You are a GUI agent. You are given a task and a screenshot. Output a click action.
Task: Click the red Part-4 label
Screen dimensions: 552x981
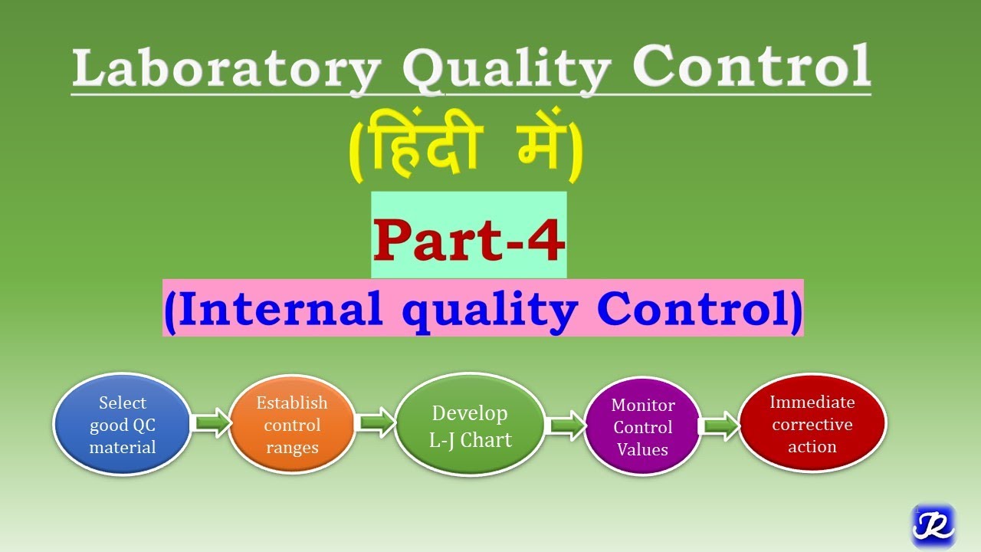[x=469, y=240]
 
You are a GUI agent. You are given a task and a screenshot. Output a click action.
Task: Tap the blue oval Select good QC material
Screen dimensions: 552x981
[x=121, y=425]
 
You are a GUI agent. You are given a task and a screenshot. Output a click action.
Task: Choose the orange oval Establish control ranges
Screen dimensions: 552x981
[x=291, y=425]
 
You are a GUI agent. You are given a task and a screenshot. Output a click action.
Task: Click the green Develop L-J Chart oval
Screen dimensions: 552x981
[x=470, y=426]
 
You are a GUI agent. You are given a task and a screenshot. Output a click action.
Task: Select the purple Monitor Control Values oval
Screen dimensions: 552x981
[x=642, y=427]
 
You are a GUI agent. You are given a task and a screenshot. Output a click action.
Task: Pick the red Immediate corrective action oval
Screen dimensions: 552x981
[x=812, y=423]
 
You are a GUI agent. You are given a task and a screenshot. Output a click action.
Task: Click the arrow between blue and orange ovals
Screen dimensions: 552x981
[x=210, y=423]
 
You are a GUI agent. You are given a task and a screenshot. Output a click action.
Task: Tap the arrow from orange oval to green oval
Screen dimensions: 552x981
[x=376, y=423]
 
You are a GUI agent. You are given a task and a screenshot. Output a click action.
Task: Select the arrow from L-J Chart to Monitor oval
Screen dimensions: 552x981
[x=566, y=426]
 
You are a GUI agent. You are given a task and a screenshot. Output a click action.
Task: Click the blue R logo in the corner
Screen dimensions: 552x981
[x=933, y=525]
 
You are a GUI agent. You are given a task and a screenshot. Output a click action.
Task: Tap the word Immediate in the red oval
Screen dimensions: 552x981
[x=812, y=402]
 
